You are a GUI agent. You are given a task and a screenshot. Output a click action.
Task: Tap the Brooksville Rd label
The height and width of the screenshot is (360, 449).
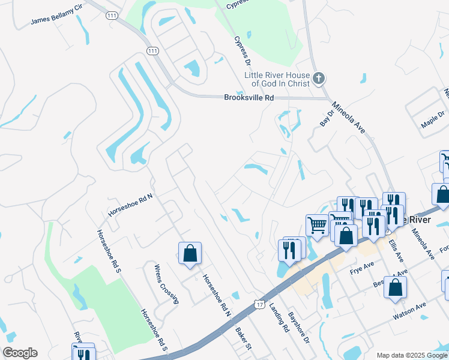[249, 97]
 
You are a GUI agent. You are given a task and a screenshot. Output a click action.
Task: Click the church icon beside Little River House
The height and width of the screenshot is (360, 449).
[319, 78]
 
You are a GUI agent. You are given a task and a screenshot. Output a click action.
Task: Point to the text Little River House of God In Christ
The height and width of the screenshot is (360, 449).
[277, 79]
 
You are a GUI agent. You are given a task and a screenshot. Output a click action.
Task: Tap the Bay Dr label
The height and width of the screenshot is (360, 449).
[327, 117]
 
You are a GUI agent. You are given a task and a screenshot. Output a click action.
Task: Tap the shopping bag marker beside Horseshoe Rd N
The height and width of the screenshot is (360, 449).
[190, 253]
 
